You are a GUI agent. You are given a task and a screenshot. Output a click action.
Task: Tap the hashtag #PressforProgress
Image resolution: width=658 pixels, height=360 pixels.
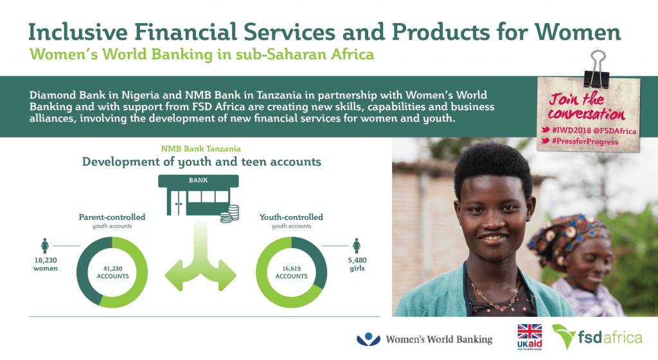coord(585,141)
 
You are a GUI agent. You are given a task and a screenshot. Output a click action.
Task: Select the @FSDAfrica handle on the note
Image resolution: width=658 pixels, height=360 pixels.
coord(615,131)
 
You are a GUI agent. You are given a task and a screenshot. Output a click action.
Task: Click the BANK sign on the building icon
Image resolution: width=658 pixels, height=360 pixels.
coord(198,181)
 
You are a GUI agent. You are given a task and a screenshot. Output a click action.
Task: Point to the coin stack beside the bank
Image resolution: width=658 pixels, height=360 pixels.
coord(229,213)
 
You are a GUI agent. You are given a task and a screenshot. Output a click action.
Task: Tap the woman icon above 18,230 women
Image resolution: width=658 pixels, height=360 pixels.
coord(45,246)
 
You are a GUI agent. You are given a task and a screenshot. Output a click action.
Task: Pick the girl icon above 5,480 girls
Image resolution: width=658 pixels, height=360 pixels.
coord(357,246)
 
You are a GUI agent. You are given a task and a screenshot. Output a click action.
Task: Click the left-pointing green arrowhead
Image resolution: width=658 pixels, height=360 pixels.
coord(175,276)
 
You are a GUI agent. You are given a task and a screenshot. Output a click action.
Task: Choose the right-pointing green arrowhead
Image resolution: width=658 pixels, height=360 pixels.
coord(227,276)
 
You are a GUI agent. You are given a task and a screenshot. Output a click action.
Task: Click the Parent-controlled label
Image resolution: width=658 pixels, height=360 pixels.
coord(112,217)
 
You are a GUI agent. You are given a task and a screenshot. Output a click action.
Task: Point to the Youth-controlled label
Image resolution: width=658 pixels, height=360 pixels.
coord(291,217)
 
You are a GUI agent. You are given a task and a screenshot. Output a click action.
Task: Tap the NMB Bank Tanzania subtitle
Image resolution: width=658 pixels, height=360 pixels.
coord(201,148)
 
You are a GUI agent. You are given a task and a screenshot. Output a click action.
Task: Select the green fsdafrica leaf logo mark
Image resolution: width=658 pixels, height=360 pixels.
coord(564,335)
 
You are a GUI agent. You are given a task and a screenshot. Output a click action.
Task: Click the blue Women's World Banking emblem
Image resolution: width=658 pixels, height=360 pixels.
coord(368,339)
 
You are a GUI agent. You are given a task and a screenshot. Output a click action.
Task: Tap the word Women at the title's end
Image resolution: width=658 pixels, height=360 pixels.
coord(578,32)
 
